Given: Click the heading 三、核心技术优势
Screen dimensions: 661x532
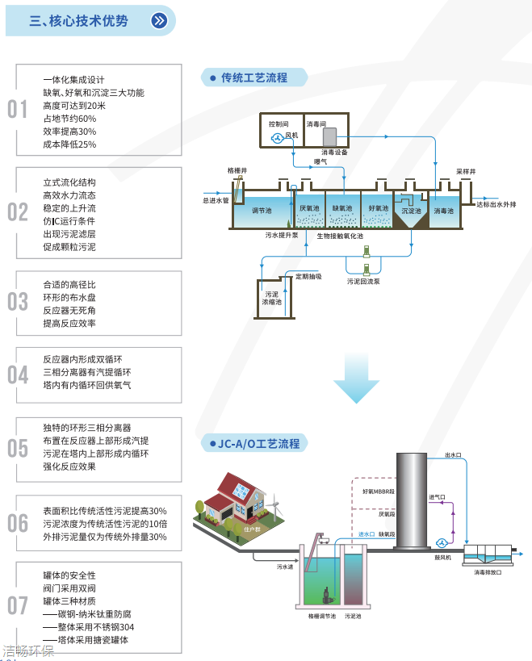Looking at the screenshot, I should (x=78, y=21).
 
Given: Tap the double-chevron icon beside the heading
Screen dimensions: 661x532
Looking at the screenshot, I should (x=160, y=21).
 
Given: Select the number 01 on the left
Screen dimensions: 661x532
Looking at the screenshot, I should (x=17, y=110).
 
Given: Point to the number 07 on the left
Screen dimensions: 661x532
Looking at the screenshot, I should (x=17, y=605).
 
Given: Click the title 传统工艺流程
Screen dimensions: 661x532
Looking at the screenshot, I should (x=254, y=78).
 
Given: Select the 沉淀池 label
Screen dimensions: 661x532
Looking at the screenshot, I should (x=412, y=210).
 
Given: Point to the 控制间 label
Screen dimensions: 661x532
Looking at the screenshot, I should (x=279, y=124).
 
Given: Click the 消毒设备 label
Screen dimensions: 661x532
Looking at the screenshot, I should (x=334, y=151).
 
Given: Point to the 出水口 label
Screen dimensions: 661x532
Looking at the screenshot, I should (x=453, y=455).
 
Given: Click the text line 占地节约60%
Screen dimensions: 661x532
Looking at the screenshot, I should (x=69, y=119).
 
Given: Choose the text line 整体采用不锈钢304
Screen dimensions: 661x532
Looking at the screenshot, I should (x=90, y=627).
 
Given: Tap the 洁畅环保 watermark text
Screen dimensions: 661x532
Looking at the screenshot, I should (x=28, y=651).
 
